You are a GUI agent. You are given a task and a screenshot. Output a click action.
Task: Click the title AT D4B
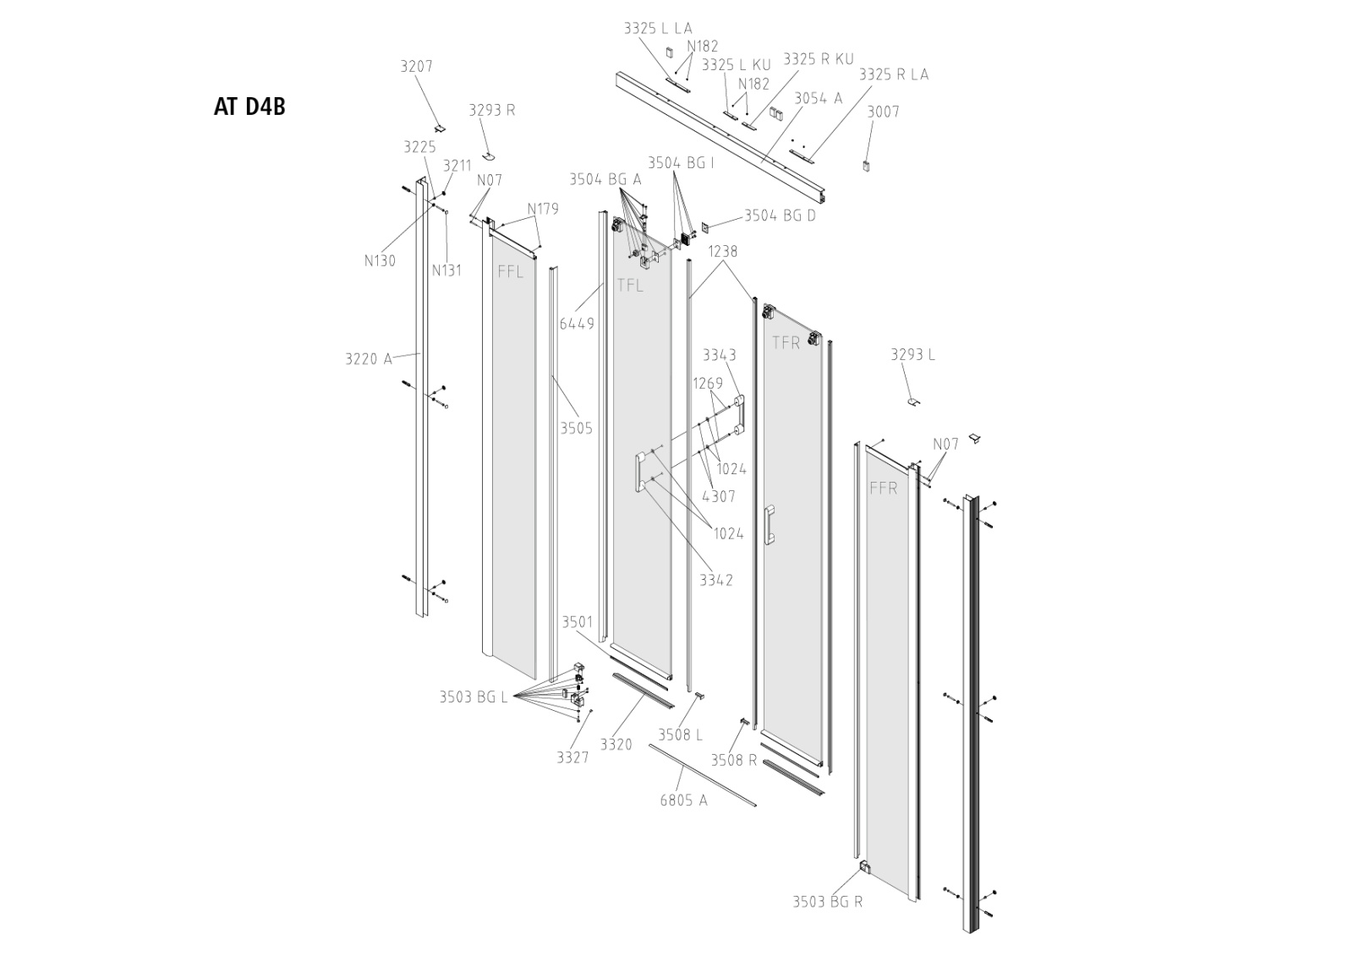249,107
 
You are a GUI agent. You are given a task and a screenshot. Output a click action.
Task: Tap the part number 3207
416,66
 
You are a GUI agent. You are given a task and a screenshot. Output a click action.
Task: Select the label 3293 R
491,110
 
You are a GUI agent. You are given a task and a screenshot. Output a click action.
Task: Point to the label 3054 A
818,98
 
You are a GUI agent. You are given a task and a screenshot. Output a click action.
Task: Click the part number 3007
883,112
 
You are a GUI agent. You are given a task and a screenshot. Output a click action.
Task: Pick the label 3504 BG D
780,216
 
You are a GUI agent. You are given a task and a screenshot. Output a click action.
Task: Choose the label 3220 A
368,358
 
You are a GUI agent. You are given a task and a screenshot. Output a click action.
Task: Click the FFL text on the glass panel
510,271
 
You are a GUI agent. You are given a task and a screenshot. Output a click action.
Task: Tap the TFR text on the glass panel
786,342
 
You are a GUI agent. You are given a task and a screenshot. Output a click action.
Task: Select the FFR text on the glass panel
883,488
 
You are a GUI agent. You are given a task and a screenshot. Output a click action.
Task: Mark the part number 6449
577,323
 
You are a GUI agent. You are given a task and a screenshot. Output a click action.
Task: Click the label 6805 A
683,800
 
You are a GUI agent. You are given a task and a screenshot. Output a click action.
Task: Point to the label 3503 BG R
827,901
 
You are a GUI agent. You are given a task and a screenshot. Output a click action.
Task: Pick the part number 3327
572,757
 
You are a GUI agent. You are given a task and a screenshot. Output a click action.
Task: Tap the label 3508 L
681,735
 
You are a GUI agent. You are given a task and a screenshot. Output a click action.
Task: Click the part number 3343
720,355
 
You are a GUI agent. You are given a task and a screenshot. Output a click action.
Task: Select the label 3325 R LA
893,74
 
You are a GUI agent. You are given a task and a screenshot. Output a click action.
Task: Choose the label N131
446,270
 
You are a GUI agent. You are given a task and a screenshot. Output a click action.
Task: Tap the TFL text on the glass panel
629,286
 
